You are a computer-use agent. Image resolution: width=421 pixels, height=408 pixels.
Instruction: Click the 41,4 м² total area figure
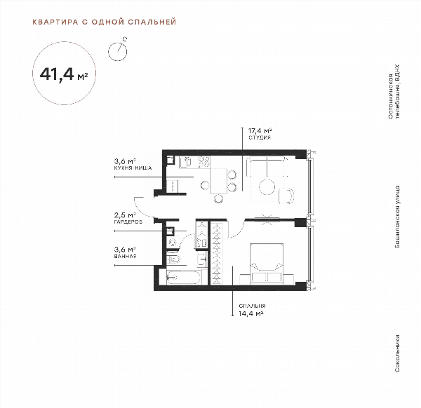[x=64, y=74]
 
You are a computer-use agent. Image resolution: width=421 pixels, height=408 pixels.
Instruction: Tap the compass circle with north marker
[x=118, y=51]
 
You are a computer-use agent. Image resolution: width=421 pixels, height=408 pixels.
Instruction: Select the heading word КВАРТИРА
[x=55, y=22]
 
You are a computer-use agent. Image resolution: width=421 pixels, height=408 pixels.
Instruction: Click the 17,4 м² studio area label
[x=260, y=131]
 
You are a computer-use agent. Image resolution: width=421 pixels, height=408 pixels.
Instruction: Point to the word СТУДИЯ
[x=260, y=137]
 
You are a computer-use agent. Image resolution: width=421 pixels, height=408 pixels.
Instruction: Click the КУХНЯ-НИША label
[x=133, y=168]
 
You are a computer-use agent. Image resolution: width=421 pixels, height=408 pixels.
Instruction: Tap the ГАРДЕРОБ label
[x=128, y=222]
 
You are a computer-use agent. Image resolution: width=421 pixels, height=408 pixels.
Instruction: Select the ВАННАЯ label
[x=126, y=256]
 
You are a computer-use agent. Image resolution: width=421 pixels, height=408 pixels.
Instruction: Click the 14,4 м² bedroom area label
[x=251, y=313]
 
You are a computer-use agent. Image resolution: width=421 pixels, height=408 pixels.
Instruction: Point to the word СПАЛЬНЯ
[x=252, y=306]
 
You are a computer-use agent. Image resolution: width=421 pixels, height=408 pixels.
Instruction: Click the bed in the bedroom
[x=267, y=264]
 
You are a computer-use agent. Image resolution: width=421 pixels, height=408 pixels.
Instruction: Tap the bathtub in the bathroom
[x=184, y=278]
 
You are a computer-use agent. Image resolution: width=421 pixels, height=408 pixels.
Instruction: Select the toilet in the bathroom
[x=173, y=259]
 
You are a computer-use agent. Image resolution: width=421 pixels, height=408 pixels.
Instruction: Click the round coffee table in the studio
[x=267, y=186]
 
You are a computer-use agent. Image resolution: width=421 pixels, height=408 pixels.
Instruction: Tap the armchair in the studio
[x=286, y=196]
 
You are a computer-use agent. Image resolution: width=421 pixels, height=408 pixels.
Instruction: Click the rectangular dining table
[x=218, y=181]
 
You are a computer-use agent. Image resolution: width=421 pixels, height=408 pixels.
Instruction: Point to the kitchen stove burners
[x=203, y=162]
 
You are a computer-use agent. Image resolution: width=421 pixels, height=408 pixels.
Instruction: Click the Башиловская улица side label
[x=397, y=217]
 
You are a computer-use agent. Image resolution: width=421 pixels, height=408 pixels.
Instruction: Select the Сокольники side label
[x=397, y=353]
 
